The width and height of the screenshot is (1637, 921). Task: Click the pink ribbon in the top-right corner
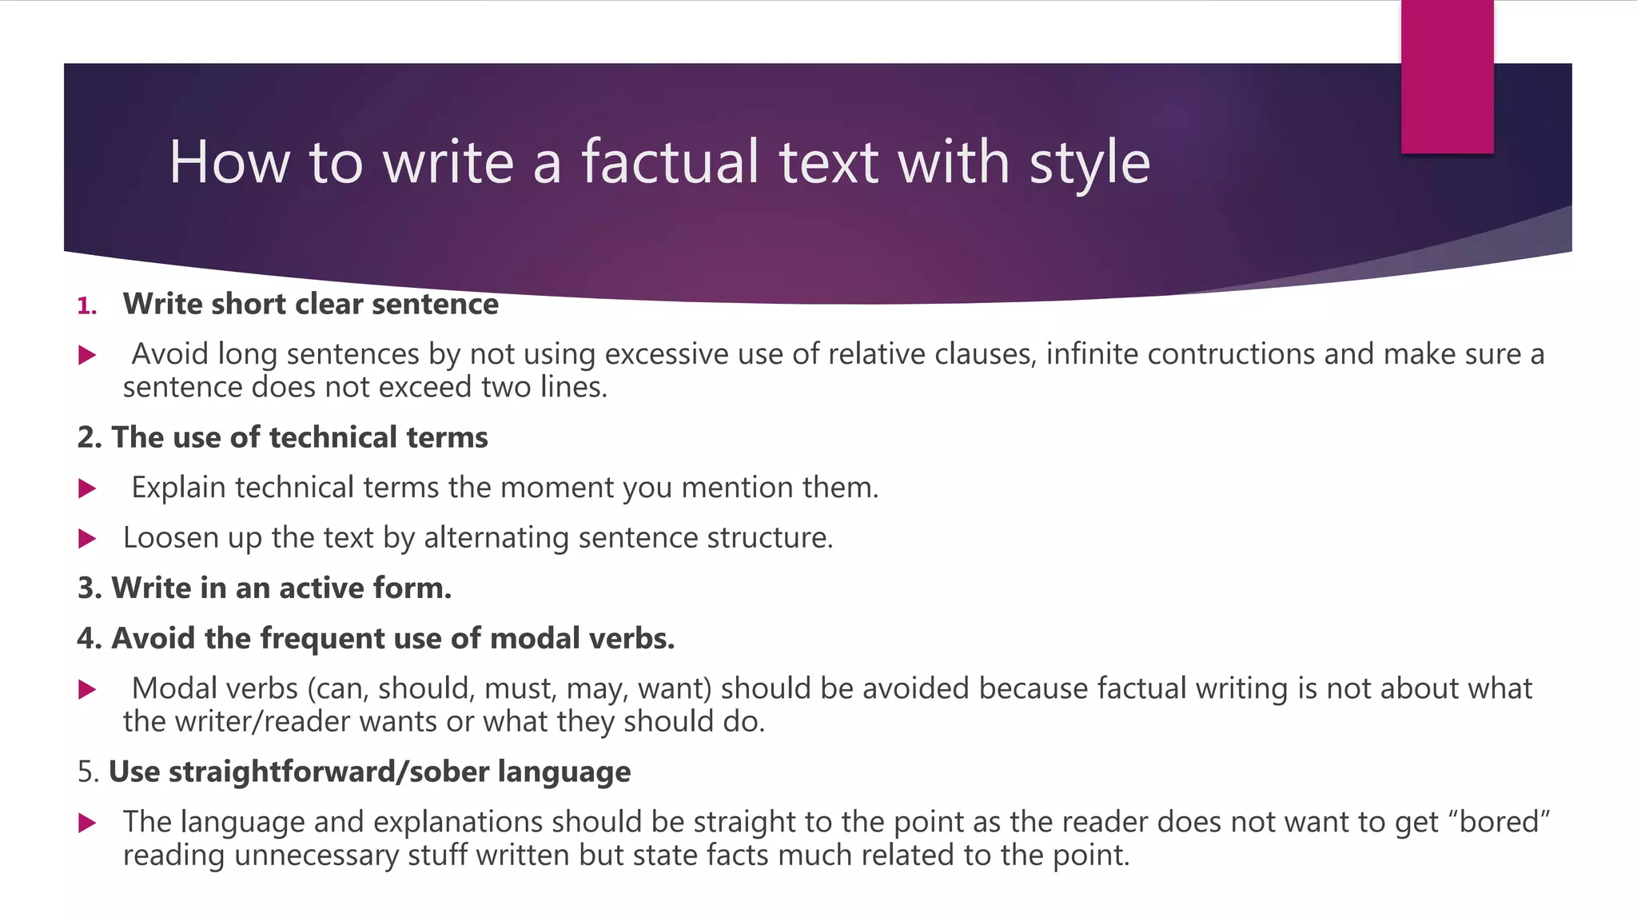pyautogui.click(x=1447, y=77)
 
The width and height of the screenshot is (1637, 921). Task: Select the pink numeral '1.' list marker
pyautogui.click(x=87, y=305)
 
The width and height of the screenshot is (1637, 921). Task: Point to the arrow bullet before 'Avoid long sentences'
pyautogui.click(x=87, y=355)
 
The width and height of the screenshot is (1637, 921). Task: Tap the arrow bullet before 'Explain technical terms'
pyautogui.click(x=87, y=488)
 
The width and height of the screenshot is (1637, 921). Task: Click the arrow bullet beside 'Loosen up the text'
pyautogui.click(x=87, y=539)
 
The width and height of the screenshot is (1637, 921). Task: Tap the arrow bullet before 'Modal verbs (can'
pyautogui.click(x=87, y=689)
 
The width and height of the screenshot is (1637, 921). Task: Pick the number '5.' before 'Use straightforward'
pyautogui.click(x=88, y=771)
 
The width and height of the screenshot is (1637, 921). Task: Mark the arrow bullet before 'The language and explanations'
pyautogui.click(x=87, y=823)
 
